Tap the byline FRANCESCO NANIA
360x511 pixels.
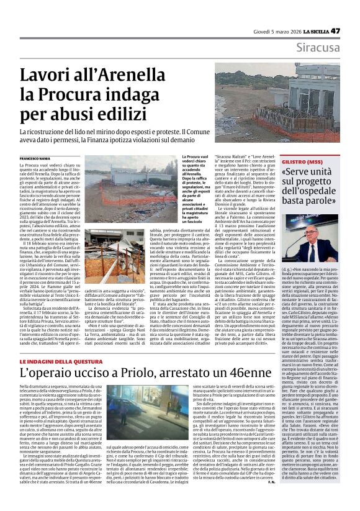tap(35, 160)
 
